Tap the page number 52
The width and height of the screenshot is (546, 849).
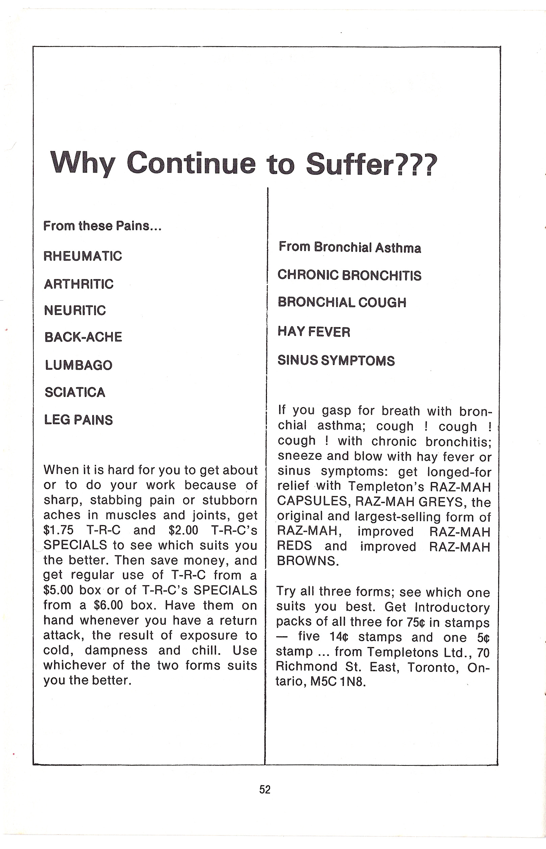click(x=265, y=789)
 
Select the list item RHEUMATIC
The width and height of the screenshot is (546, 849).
click(x=82, y=256)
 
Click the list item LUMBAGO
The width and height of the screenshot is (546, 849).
click(x=78, y=365)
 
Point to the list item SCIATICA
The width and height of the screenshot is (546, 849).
click(x=75, y=392)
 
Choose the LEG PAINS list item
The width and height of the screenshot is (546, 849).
click(x=78, y=420)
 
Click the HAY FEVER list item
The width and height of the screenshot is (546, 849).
click(x=314, y=331)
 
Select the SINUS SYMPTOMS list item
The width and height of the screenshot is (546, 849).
click(x=336, y=360)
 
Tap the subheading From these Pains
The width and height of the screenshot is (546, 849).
click(x=102, y=226)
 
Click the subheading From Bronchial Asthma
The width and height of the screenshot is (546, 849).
click(x=350, y=247)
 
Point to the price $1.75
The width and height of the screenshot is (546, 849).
click(x=58, y=530)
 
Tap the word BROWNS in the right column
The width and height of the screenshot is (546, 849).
click(x=308, y=560)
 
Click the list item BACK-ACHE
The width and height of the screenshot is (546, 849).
click(x=83, y=337)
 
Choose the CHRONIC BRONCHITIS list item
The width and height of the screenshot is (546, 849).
click(x=349, y=275)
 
